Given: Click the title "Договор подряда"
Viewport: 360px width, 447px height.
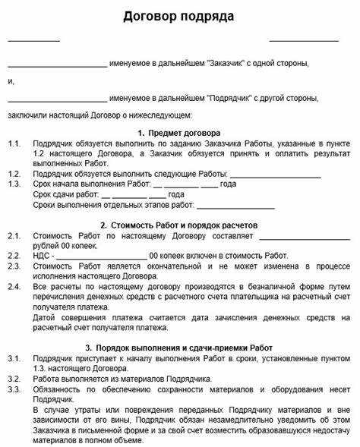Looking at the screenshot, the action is (180, 16).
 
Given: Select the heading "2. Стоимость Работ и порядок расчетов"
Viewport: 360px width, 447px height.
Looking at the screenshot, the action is (179, 225).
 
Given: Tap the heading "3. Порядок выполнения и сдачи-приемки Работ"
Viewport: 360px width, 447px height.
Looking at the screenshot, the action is (179, 347).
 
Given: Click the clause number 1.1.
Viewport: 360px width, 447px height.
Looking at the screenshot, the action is (14, 143).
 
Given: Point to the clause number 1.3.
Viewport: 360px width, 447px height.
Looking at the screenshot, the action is (14, 184).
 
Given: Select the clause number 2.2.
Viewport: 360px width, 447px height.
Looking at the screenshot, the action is (14, 256).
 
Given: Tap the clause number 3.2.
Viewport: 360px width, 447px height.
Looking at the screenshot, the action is (14, 378).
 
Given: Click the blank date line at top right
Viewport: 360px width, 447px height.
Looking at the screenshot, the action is (304, 40).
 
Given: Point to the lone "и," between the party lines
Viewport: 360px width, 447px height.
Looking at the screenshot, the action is (11, 80).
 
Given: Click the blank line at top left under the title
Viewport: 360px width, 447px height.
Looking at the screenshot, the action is (33, 40).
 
